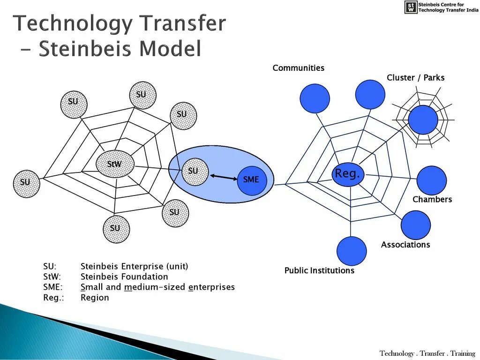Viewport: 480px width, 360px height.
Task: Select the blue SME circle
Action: pyautogui.click(x=252, y=180)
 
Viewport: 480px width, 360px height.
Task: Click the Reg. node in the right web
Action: pyautogui.click(x=347, y=174)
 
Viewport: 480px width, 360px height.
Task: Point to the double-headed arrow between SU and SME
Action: pyautogui.click(x=224, y=177)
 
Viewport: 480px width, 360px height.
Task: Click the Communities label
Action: pyautogui.click(x=298, y=68)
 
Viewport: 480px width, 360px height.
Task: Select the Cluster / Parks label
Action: pyautogui.click(x=415, y=78)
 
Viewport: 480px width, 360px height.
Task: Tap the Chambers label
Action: pyautogui.click(x=432, y=199)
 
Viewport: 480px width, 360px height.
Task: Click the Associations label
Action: pyautogui.click(x=405, y=245)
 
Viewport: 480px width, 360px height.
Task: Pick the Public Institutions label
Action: pyautogui.click(x=319, y=270)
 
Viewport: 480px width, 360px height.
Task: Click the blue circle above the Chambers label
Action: pyautogui.click(x=431, y=180)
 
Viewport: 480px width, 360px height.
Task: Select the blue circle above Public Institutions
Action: pyautogui.click(x=352, y=251)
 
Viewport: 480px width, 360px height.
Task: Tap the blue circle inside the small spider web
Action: pyautogui.click(x=423, y=120)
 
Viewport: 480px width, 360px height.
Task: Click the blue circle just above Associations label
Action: pyautogui.click(x=415, y=225)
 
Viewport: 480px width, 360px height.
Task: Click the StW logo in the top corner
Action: pyautogui.click(x=410, y=7)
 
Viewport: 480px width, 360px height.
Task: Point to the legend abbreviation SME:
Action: pyautogui.click(x=53, y=287)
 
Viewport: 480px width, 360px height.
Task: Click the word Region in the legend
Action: pyautogui.click(x=95, y=298)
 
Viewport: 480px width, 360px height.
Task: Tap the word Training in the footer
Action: pyautogui.click(x=462, y=353)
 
